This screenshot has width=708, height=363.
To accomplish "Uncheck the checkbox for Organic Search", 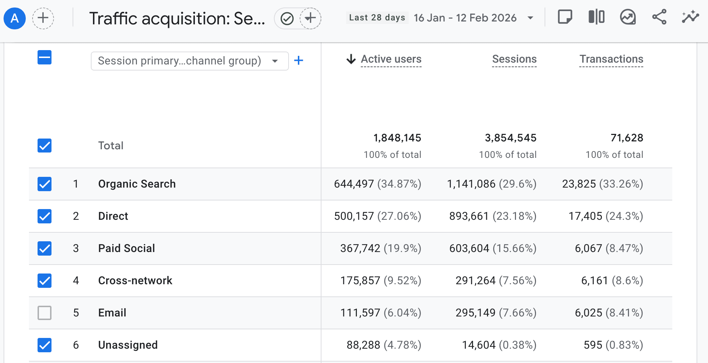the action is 44,184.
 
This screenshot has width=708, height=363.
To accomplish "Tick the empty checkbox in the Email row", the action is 44,313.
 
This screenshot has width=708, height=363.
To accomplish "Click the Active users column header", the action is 391,59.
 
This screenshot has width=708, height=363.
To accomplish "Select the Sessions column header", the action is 514,59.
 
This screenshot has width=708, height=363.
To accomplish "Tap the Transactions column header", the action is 611,59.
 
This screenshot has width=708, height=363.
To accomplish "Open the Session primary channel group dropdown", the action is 190,61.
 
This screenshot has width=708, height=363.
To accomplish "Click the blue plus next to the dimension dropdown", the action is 299,60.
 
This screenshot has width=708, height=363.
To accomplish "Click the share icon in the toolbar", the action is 659,17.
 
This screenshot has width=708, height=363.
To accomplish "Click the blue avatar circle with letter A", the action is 15,18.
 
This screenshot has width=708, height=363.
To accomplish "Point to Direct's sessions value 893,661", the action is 469,216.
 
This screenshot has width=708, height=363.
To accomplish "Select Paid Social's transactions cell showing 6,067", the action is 588,248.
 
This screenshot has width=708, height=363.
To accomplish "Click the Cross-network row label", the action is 135,281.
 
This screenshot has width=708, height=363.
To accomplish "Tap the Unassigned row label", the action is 128,345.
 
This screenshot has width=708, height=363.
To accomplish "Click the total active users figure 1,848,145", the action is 397,138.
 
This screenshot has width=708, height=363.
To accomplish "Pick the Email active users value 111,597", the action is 360,313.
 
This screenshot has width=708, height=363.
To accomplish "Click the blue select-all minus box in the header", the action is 44,57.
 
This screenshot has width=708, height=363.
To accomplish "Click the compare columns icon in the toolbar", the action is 596,17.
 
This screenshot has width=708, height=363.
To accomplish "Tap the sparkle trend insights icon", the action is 690,17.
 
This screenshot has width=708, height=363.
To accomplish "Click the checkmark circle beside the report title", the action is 287,18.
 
